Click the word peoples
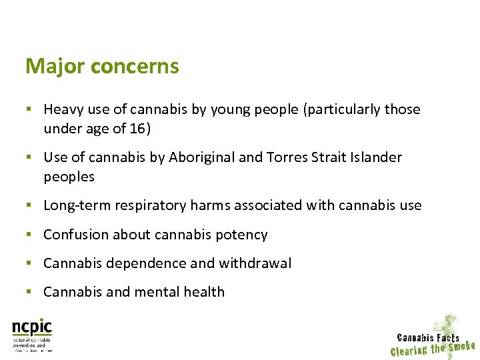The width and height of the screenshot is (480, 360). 69,177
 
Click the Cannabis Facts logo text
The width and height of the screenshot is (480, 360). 428,338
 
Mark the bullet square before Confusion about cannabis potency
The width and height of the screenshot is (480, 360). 29,234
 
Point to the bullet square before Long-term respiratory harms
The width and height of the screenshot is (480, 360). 29,205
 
